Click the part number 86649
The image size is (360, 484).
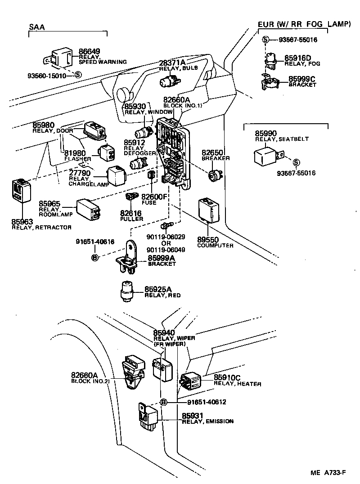(x=89, y=52)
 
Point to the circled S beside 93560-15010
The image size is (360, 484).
(x=78, y=76)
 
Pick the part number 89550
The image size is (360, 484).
(x=207, y=240)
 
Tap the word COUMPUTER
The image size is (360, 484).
(x=215, y=246)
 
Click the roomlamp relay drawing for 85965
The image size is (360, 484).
(x=89, y=209)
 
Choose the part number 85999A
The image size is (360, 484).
(x=162, y=258)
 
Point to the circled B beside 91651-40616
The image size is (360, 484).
(x=95, y=258)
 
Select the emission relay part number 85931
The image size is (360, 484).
(x=193, y=416)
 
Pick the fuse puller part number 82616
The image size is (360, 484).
(x=131, y=213)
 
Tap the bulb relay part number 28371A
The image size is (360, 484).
(x=172, y=62)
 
